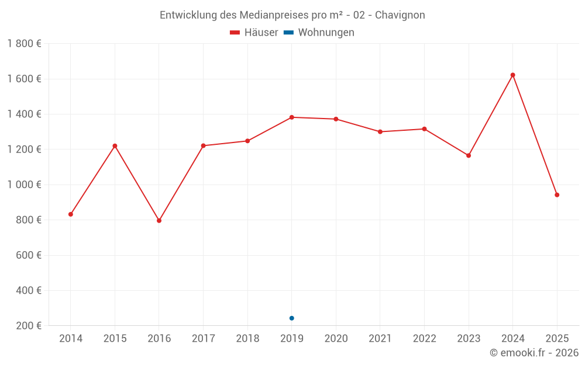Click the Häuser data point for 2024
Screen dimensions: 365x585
click(512, 75)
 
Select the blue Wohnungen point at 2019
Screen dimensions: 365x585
click(291, 318)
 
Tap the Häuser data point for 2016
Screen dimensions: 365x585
click(159, 221)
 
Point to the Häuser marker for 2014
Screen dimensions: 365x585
click(71, 214)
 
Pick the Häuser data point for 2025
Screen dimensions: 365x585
click(557, 195)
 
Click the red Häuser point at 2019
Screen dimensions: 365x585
click(291, 117)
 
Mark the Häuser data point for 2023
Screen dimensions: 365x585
click(469, 155)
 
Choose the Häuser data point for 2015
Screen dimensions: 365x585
click(115, 146)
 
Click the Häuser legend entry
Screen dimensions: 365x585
click(254, 33)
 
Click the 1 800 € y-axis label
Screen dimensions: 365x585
click(24, 44)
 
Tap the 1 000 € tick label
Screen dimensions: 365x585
click(24, 185)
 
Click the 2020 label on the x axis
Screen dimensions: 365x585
click(336, 339)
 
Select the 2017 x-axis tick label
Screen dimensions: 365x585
click(203, 339)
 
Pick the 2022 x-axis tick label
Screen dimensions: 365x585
click(424, 339)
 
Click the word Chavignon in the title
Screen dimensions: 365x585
click(400, 15)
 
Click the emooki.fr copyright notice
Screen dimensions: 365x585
click(534, 353)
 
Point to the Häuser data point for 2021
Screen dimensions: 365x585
click(380, 132)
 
